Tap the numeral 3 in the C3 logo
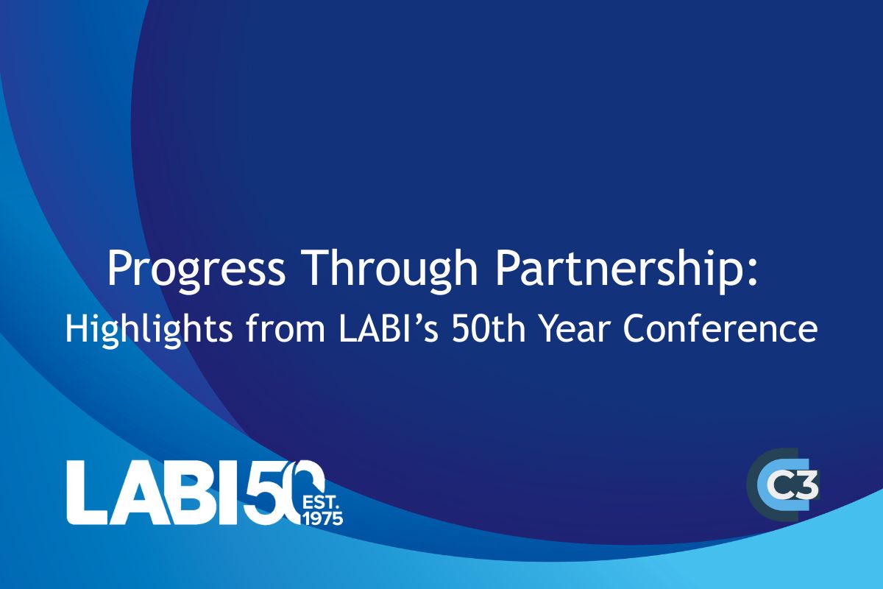[806, 485]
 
